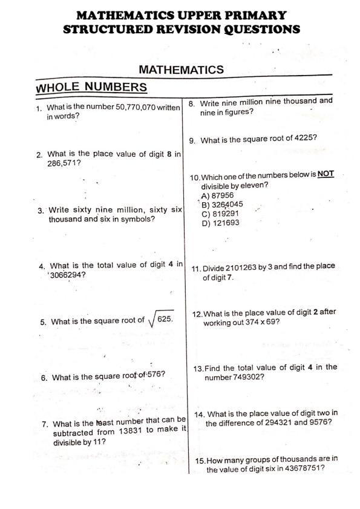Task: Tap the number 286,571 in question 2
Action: coord(64,163)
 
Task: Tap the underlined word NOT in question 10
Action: coord(326,174)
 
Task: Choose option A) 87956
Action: coord(217,195)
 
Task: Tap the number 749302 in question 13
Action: coord(244,377)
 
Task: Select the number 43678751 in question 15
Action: coord(294,469)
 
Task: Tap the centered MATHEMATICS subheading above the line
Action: coord(181,70)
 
